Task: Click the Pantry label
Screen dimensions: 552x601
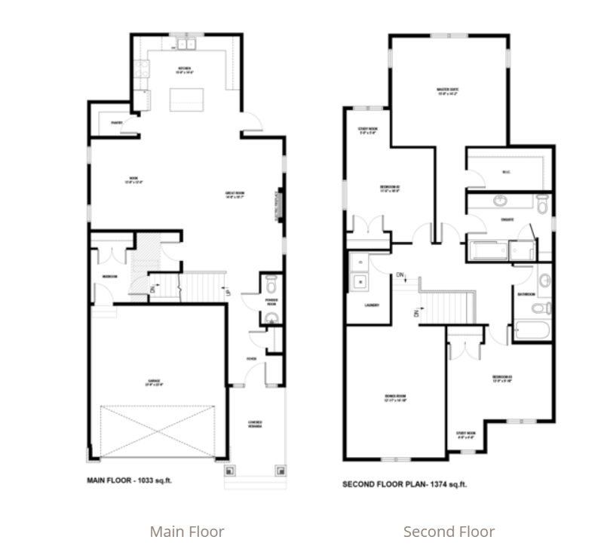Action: point(117,122)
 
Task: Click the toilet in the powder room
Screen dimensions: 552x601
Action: point(271,284)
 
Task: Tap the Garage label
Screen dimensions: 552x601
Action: point(155,381)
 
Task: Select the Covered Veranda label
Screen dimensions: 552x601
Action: point(256,424)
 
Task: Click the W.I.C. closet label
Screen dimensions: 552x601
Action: point(506,170)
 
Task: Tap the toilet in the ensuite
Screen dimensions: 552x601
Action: point(541,203)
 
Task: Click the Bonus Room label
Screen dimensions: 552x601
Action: point(395,399)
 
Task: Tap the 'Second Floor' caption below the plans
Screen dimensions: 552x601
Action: point(449,532)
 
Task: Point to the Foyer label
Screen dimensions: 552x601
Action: point(252,358)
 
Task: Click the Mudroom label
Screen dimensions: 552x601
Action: point(109,277)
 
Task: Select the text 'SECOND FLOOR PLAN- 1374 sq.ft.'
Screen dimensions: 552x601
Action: point(405,485)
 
